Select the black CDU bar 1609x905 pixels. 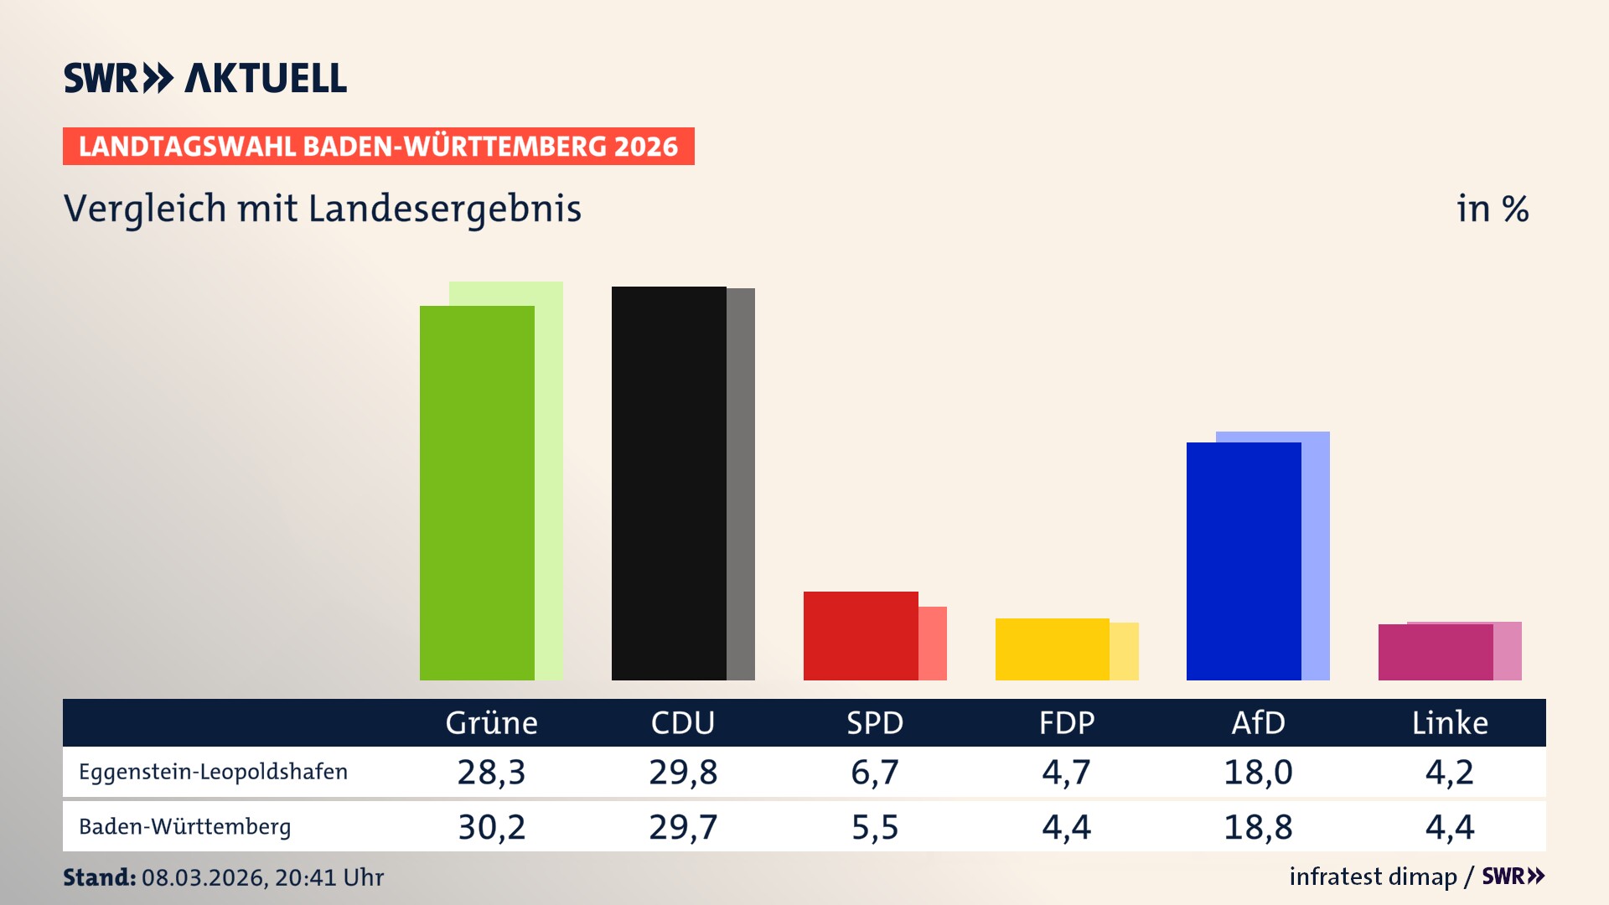click(669, 484)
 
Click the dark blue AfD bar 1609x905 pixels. click(1244, 561)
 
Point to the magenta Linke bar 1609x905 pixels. click(1436, 652)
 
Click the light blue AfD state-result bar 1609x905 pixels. click(1316, 553)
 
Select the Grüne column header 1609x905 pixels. click(491, 722)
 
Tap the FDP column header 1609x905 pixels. click(1066, 722)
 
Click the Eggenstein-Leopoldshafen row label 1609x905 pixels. click(213, 772)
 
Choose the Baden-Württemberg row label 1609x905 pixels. click(184, 827)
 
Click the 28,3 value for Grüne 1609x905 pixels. click(491, 772)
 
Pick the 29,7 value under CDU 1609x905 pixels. click(683, 827)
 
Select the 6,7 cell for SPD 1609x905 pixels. click(874, 772)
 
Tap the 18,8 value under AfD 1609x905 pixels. click(1258, 827)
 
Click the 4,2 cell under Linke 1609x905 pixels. click(1449, 772)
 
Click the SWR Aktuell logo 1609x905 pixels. click(205, 78)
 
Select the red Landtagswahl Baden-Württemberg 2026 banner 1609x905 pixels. click(378, 147)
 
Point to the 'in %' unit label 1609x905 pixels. click(1492, 209)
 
